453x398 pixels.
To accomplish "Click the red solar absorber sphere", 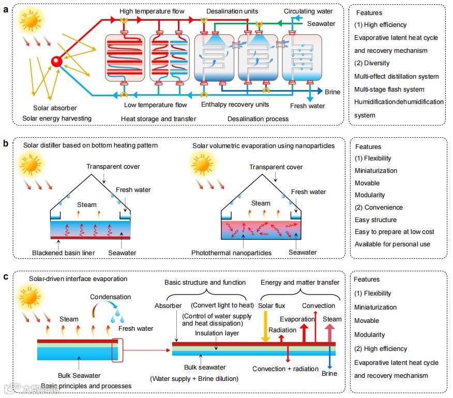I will coord(56,62).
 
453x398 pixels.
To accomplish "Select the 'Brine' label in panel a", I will coord(333,92).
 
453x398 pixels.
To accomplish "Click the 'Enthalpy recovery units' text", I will coord(235,105).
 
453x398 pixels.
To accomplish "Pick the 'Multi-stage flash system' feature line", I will coord(389,90).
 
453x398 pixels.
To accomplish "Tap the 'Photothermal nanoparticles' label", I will coord(231,253).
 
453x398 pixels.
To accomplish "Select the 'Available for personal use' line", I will coord(392,244).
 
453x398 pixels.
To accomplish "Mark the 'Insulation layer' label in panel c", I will coord(217,333).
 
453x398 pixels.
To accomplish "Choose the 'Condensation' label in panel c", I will coord(111,297).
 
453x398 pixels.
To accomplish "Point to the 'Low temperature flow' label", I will coord(156,105).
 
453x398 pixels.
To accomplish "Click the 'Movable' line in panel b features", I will coord(367,183).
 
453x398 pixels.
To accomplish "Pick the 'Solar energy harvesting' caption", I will coord(57,119).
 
